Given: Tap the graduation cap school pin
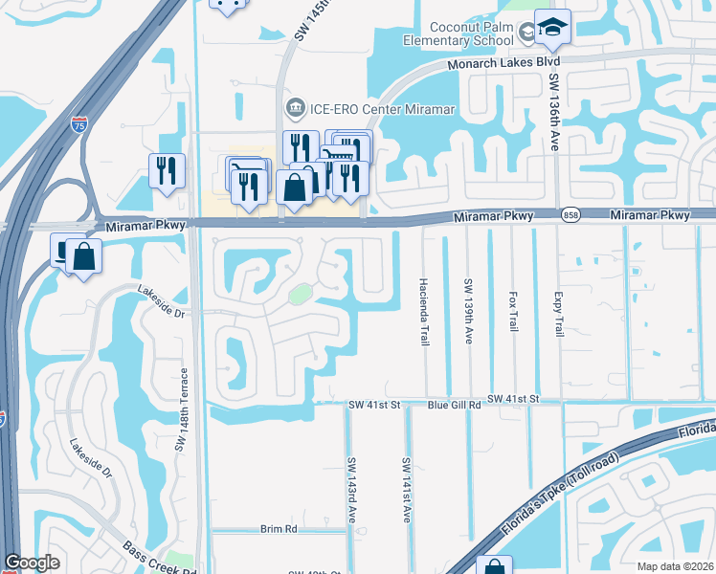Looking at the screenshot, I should pyautogui.click(x=552, y=28).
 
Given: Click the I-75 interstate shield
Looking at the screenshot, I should pyautogui.click(x=79, y=123).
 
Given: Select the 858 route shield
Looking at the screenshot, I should pyautogui.click(x=571, y=215).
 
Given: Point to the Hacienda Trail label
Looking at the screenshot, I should pyautogui.click(x=423, y=312).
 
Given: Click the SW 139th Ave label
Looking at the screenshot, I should pyautogui.click(x=468, y=312).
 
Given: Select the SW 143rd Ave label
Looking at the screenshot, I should pyautogui.click(x=352, y=490).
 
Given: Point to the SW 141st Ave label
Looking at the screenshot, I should pyautogui.click(x=407, y=490).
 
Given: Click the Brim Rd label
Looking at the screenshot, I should pyautogui.click(x=279, y=528).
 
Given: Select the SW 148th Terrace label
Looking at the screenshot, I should pyautogui.click(x=179, y=408).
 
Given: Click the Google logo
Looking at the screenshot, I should pyautogui.click(x=34, y=563).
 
